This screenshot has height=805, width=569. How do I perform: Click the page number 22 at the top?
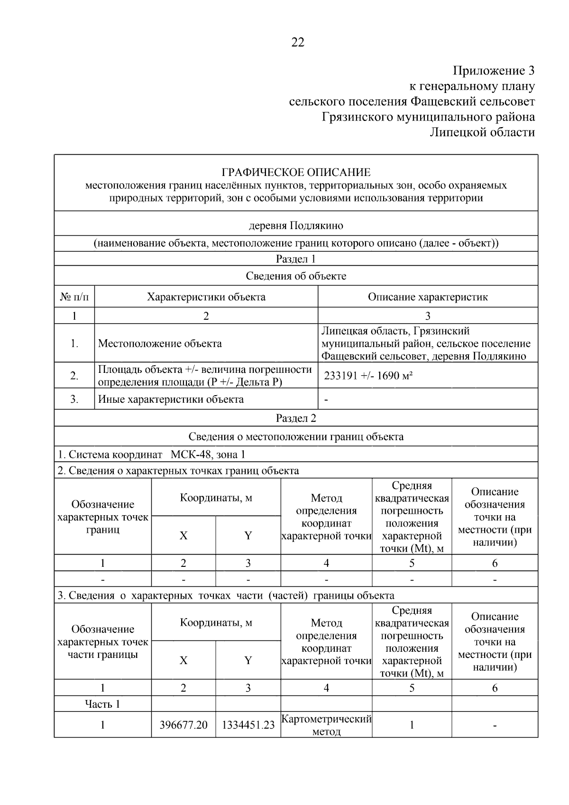(297, 43)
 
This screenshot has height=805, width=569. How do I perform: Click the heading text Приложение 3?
(493, 71)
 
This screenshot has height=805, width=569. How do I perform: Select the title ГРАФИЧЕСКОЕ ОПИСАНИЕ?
(296, 172)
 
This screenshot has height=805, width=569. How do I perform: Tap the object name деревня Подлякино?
(296, 225)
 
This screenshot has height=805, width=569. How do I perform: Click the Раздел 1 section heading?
(296, 259)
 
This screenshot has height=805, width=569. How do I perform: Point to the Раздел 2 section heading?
(296, 418)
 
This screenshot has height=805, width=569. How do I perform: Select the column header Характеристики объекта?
(206, 297)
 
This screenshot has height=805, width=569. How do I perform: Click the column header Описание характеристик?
(428, 297)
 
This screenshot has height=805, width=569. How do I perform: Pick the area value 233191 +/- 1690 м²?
(368, 376)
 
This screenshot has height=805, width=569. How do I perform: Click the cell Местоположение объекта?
(159, 343)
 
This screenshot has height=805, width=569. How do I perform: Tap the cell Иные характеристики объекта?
(171, 399)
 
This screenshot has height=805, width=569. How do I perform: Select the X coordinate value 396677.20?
(184, 725)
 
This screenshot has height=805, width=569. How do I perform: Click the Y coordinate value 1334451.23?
(248, 725)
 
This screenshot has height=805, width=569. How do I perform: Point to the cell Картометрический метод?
(326, 725)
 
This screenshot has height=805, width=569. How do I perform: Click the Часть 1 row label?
(102, 704)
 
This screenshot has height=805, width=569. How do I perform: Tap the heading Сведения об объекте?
(296, 276)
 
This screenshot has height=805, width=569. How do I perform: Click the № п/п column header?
(74, 297)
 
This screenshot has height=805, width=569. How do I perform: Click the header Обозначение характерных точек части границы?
(102, 642)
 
